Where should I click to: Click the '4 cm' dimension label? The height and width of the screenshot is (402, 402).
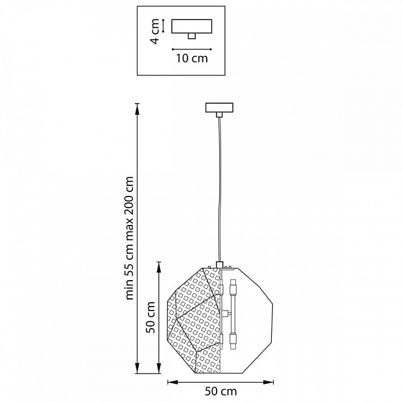pyautogui.click(x=155, y=31)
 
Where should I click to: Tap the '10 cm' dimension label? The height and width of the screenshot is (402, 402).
pyautogui.click(x=191, y=58)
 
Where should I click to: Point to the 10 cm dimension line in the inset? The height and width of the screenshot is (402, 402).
pyautogui.click(x=191, y=48)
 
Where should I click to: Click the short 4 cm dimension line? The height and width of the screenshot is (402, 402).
pyautogui.click(x=164, y=26)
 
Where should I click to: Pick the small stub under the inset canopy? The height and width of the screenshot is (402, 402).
pyautogui.click(x=191, y=36)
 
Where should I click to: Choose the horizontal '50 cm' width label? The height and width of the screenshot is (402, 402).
pyautogui.click(x=220, y=391)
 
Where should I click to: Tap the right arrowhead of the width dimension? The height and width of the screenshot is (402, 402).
pyautogui.click(x=270, y=381)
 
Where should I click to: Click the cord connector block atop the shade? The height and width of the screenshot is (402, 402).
pyautogui.click(x=220, y=265)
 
